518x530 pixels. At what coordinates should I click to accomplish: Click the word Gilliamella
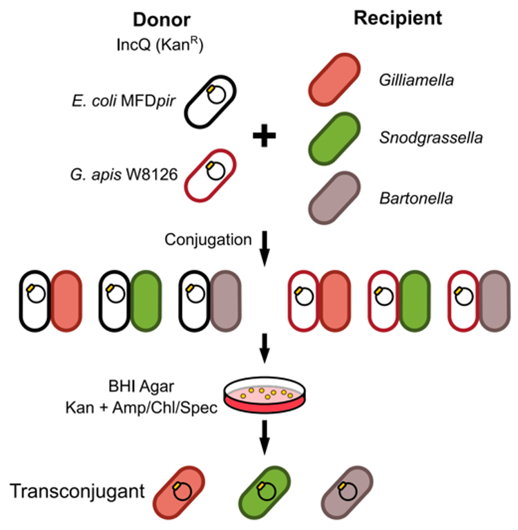(416, 82)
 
